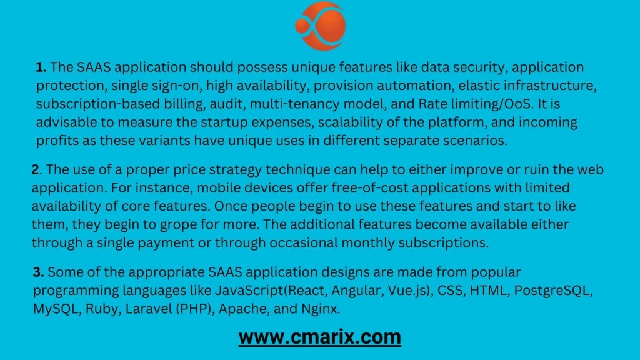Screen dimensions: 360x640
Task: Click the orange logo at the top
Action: (319, 26)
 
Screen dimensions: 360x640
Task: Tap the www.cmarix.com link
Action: (319, 337)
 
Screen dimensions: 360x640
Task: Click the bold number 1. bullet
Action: (41, 67)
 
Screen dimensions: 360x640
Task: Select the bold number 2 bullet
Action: (36, 170)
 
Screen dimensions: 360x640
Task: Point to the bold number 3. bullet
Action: (38, 272)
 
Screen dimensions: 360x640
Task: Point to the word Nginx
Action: (319, 309)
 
